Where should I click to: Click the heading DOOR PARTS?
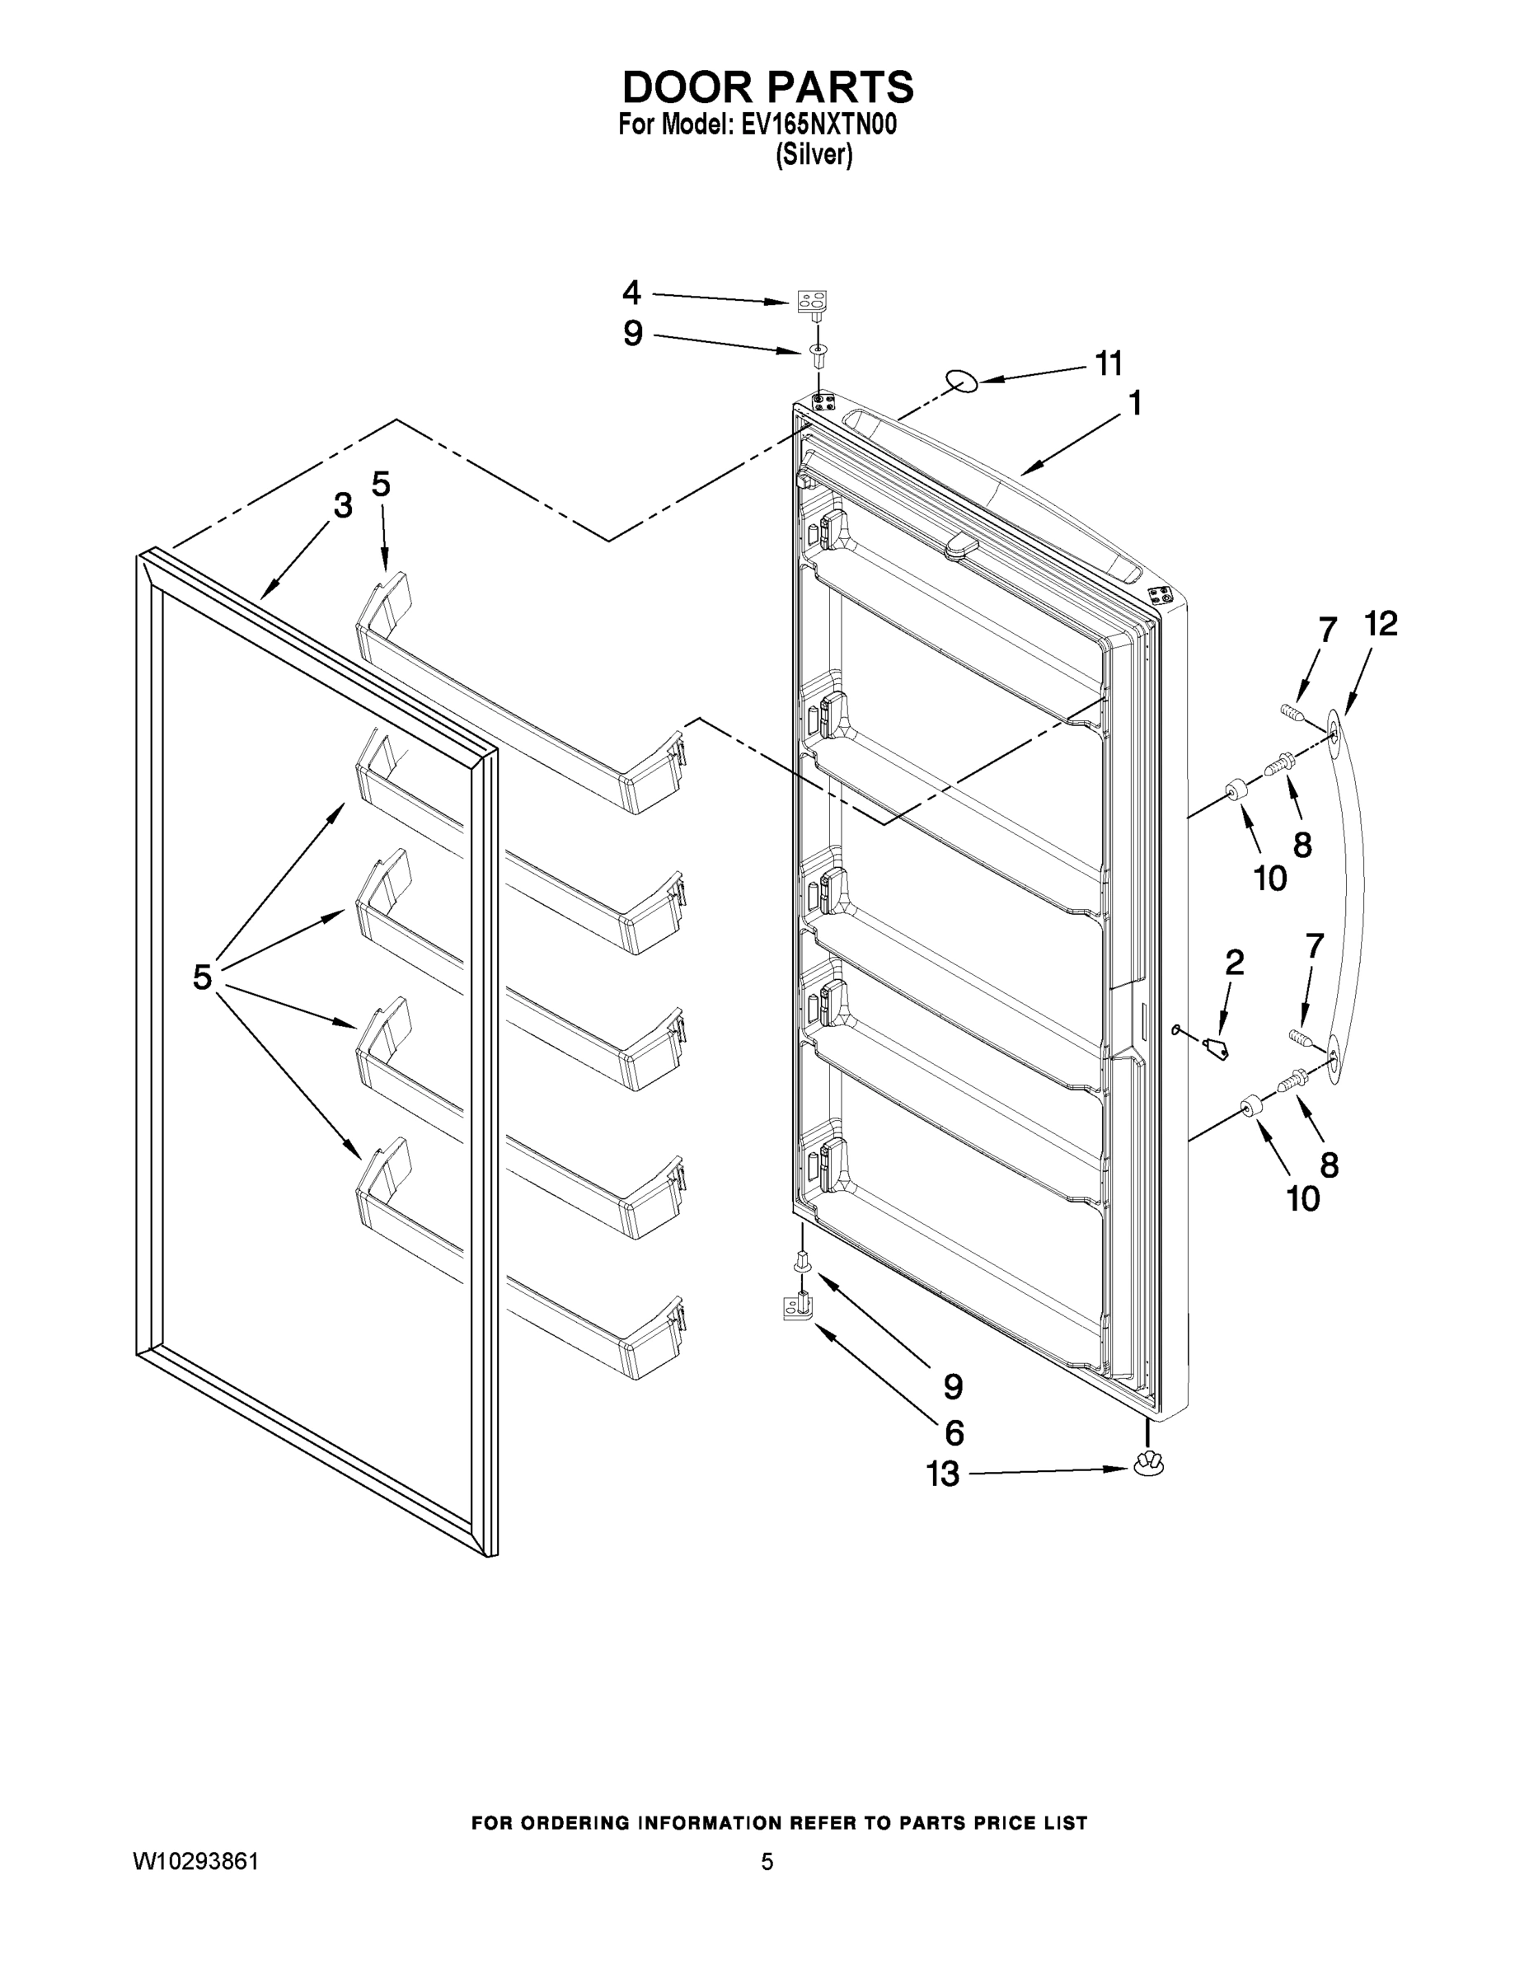coord(767,88)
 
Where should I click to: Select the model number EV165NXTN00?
coord(818,125)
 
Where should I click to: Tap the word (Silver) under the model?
coord(814,156)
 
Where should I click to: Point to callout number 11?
coord(1109,364)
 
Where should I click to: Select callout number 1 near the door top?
coord(1135,404)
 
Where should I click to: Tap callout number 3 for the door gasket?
coord(342,506)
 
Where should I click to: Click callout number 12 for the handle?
coord(1381,624)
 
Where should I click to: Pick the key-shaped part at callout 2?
coord(1216,1049)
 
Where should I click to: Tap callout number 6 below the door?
coord(954,1432)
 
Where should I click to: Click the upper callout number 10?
coord(1270,878)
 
